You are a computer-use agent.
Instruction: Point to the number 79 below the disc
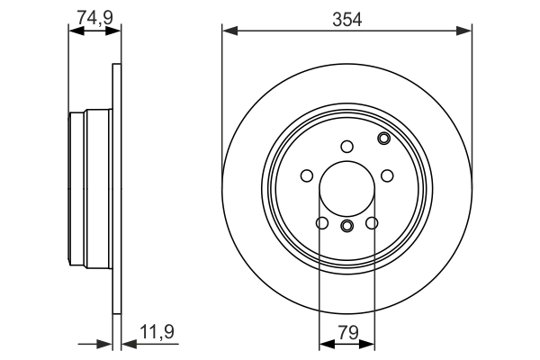[x=346, y=331]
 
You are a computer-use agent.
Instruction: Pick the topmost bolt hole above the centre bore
[x=346, y=147]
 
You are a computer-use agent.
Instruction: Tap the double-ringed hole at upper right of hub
[x=384, y=138]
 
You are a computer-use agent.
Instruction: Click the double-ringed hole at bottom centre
[x=346, y=225]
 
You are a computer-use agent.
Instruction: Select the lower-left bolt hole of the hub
[x=321, y=223]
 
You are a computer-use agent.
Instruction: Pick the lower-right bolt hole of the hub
[x=372, y=223]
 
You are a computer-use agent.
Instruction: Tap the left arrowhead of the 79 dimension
[x=325, y=343]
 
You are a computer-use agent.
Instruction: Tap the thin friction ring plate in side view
[x=115, y=189]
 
